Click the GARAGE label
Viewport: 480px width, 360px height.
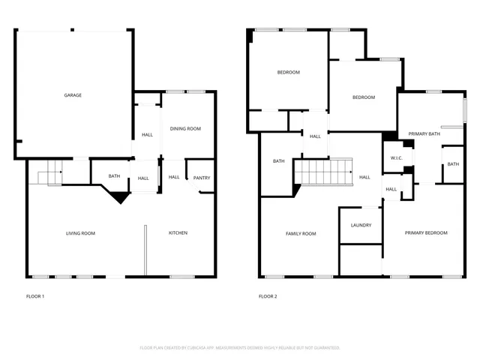[73, 95]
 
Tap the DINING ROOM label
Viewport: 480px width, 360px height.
[185, 129]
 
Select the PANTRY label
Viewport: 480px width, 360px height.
[202, 178]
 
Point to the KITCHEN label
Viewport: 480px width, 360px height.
[178, 233]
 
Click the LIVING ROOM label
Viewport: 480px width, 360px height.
[80, 233]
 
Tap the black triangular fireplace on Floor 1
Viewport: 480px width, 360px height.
[118, 196]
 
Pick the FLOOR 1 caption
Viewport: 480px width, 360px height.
[34, 297]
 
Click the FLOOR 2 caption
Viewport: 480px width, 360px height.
[268, 297]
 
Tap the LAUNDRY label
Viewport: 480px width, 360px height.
[361, 226]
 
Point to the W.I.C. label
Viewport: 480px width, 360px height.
[397, 157]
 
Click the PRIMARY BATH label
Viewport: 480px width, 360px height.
[424, 134]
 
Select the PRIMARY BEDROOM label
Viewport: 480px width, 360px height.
[426, 233]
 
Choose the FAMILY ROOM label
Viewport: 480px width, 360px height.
[301, 234]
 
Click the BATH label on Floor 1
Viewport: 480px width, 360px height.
[114, 177]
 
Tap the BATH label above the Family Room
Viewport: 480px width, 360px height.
[278, 161]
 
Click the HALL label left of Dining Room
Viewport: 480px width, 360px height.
[148, 135]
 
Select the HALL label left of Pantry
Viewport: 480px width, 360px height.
[174, 178]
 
